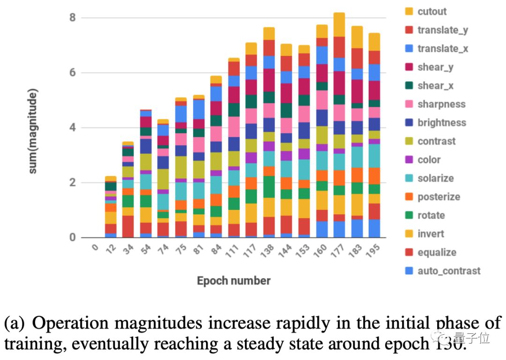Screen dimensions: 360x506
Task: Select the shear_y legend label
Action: pos(435,67)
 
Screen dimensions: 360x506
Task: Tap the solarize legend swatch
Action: pos(409,178)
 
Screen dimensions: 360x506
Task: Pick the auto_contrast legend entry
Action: pos(442,271)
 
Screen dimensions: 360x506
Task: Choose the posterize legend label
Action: pos(439,197)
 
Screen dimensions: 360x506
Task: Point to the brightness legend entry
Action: pos(442,123)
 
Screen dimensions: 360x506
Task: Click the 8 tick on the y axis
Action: pos(72,18)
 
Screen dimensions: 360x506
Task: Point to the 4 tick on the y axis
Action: pos(72,128)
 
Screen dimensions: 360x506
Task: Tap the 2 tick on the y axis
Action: pos(72,183)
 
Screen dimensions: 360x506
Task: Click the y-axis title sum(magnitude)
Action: pos(33,131)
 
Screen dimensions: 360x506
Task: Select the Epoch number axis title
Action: pos(233,281)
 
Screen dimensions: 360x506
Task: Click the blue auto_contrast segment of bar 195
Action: pos(374,228)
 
